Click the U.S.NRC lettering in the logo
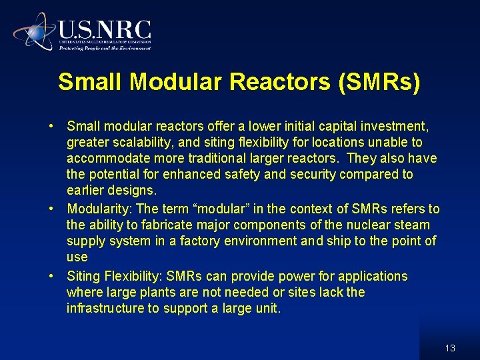point(105,29)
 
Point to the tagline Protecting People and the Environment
point(105,48)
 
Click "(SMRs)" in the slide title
point(379,81)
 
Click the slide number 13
point(450,348)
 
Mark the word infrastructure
point(106,308)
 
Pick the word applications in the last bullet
point(373,276)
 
